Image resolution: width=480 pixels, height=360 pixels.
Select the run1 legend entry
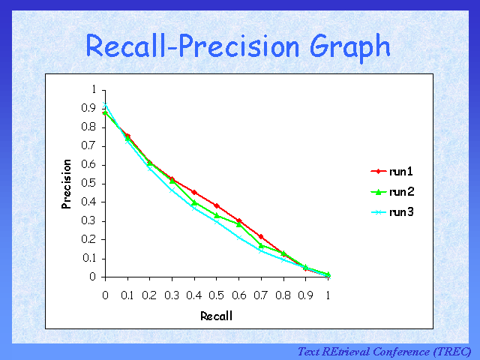401,172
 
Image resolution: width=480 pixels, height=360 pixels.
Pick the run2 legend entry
401,192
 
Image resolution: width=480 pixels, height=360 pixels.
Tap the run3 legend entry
401,212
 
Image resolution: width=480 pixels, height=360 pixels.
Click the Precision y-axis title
67,183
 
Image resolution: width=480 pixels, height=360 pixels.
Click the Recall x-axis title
216,316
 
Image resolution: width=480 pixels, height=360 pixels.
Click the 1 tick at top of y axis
93,89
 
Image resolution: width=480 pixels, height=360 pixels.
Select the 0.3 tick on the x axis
172,295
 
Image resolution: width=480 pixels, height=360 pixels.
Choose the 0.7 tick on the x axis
261,295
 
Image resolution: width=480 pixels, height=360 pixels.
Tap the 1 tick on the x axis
328,295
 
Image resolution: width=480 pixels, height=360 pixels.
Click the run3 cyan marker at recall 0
105,106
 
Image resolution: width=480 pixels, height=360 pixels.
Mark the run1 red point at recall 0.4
194,192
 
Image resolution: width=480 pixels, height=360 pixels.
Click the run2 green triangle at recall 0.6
238,223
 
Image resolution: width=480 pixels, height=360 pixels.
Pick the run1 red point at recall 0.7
261,236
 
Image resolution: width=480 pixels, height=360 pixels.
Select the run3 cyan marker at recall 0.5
217,222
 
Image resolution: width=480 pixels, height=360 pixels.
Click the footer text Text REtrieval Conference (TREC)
384,351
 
